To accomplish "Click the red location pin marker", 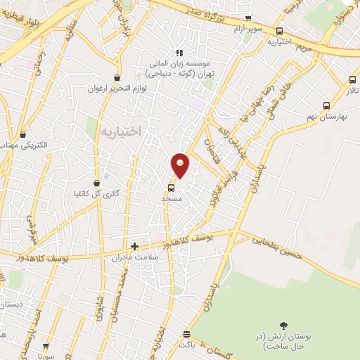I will tap(181, 165).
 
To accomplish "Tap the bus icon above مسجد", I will tap(171, 188).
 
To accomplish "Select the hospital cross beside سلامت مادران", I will tap(134, 246).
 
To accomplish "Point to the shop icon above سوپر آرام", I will tap(247, 18).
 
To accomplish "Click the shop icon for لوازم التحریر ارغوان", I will tap(116, 77).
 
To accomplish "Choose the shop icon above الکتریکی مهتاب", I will tap(23, 134).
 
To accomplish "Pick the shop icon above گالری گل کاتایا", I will tap(96, 183).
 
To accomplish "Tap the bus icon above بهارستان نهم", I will tap(326, 105).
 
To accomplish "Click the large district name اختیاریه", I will tap(121, 131).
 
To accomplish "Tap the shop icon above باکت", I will tap(186, 335).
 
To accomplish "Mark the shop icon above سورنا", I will tap(47, 346).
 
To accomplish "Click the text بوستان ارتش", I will tap(285, 342).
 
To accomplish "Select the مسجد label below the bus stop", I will tap(172, 199).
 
